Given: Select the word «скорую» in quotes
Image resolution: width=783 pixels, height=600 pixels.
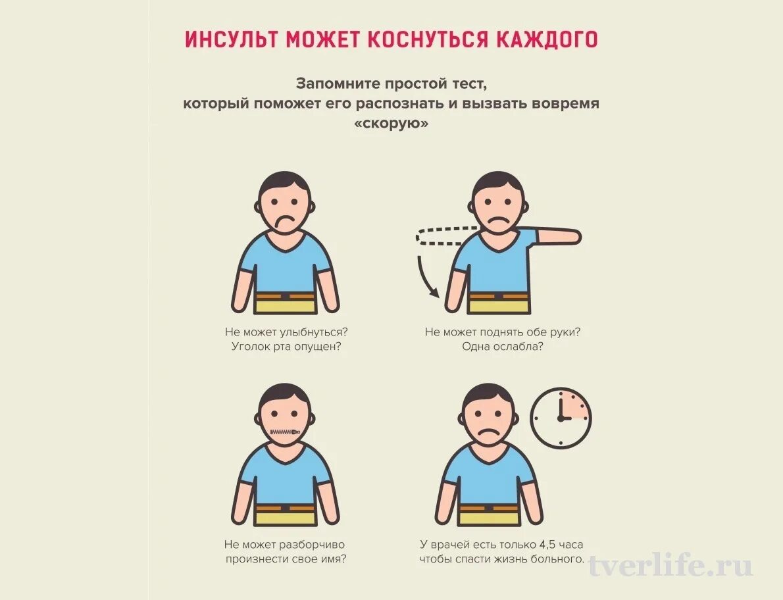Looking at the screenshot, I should tap(391, 124).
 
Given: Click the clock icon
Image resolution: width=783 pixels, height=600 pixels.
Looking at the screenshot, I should tap(561, 418).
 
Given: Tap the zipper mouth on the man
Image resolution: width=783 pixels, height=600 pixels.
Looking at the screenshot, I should tap(285, 432).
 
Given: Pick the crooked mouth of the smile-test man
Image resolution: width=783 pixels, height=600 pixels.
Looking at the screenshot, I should tap(284, 222).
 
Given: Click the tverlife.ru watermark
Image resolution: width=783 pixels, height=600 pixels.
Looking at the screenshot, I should tap(670, 566).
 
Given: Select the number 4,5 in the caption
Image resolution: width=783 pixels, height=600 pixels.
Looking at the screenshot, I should tap(547, 545).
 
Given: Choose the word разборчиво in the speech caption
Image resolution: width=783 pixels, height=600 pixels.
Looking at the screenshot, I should tap(312, 545).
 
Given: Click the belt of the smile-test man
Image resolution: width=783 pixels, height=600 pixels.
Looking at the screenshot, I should tap(285, 297).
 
